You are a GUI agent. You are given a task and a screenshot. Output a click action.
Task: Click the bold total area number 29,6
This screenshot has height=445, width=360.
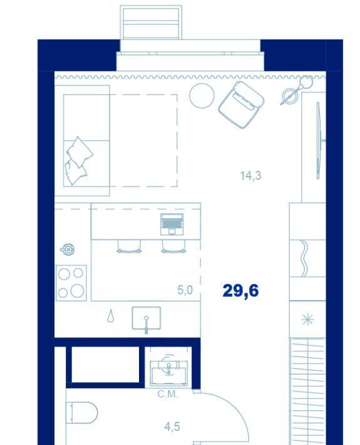(240, 291)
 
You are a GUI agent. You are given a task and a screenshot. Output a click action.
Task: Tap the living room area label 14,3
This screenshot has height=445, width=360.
(250, 175)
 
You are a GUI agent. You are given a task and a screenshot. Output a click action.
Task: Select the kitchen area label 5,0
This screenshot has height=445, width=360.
(185, 290)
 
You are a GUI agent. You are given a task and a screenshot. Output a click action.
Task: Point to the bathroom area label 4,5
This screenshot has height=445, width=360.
(172, 427)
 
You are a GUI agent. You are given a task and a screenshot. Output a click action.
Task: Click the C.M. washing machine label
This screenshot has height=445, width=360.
(168, 394)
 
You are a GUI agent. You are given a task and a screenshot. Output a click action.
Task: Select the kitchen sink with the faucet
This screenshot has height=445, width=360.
(147, 318)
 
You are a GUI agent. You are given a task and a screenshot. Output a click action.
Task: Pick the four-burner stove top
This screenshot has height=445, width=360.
(71, 283)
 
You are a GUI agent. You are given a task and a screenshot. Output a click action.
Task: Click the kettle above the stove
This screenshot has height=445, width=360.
(68, 249)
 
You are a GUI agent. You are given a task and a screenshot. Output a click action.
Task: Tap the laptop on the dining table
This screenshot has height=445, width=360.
(172, 224)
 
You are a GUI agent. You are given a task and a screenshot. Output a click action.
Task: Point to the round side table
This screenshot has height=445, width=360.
(202, 96)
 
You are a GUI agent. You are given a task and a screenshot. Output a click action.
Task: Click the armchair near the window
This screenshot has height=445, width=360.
(241, 105)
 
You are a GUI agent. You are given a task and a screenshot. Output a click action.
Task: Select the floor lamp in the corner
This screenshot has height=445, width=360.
(296, 90)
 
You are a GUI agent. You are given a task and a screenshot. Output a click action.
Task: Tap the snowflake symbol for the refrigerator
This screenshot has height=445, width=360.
(307, 320)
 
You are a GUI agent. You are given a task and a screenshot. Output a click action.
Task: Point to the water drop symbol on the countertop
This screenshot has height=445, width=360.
(111, 316)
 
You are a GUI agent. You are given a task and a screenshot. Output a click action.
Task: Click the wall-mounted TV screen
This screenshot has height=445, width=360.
(319, 141)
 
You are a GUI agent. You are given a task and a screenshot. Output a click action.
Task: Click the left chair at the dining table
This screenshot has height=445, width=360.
(129, 246)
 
